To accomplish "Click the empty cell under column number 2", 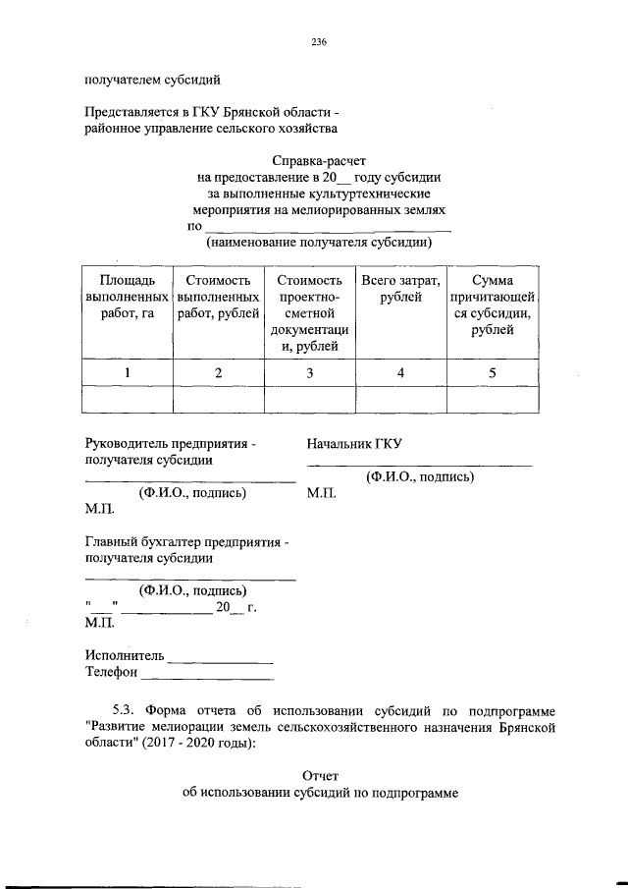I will tap(218, 400).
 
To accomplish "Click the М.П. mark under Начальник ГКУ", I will tap(321, 494).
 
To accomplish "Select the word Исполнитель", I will tap(124, 655).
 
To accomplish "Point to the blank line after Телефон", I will tap(207, 676).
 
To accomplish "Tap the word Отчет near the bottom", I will tap(320, 775).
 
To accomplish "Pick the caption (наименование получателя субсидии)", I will tap(318, 241).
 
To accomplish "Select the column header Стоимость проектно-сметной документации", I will tap(310, 312).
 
